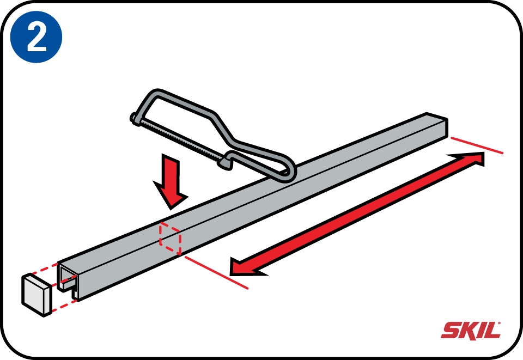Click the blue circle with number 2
click(x=37, y=36)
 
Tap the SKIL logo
click(x=471, y=331)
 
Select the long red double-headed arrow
click(x=357, y=214)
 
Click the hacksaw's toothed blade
click(x=180, y=141)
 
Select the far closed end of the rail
click(x=437, y=126)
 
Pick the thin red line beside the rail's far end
click(x=477, y=145)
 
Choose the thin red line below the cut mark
click(x=216, y=272)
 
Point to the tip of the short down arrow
click(x=171, y=209)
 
